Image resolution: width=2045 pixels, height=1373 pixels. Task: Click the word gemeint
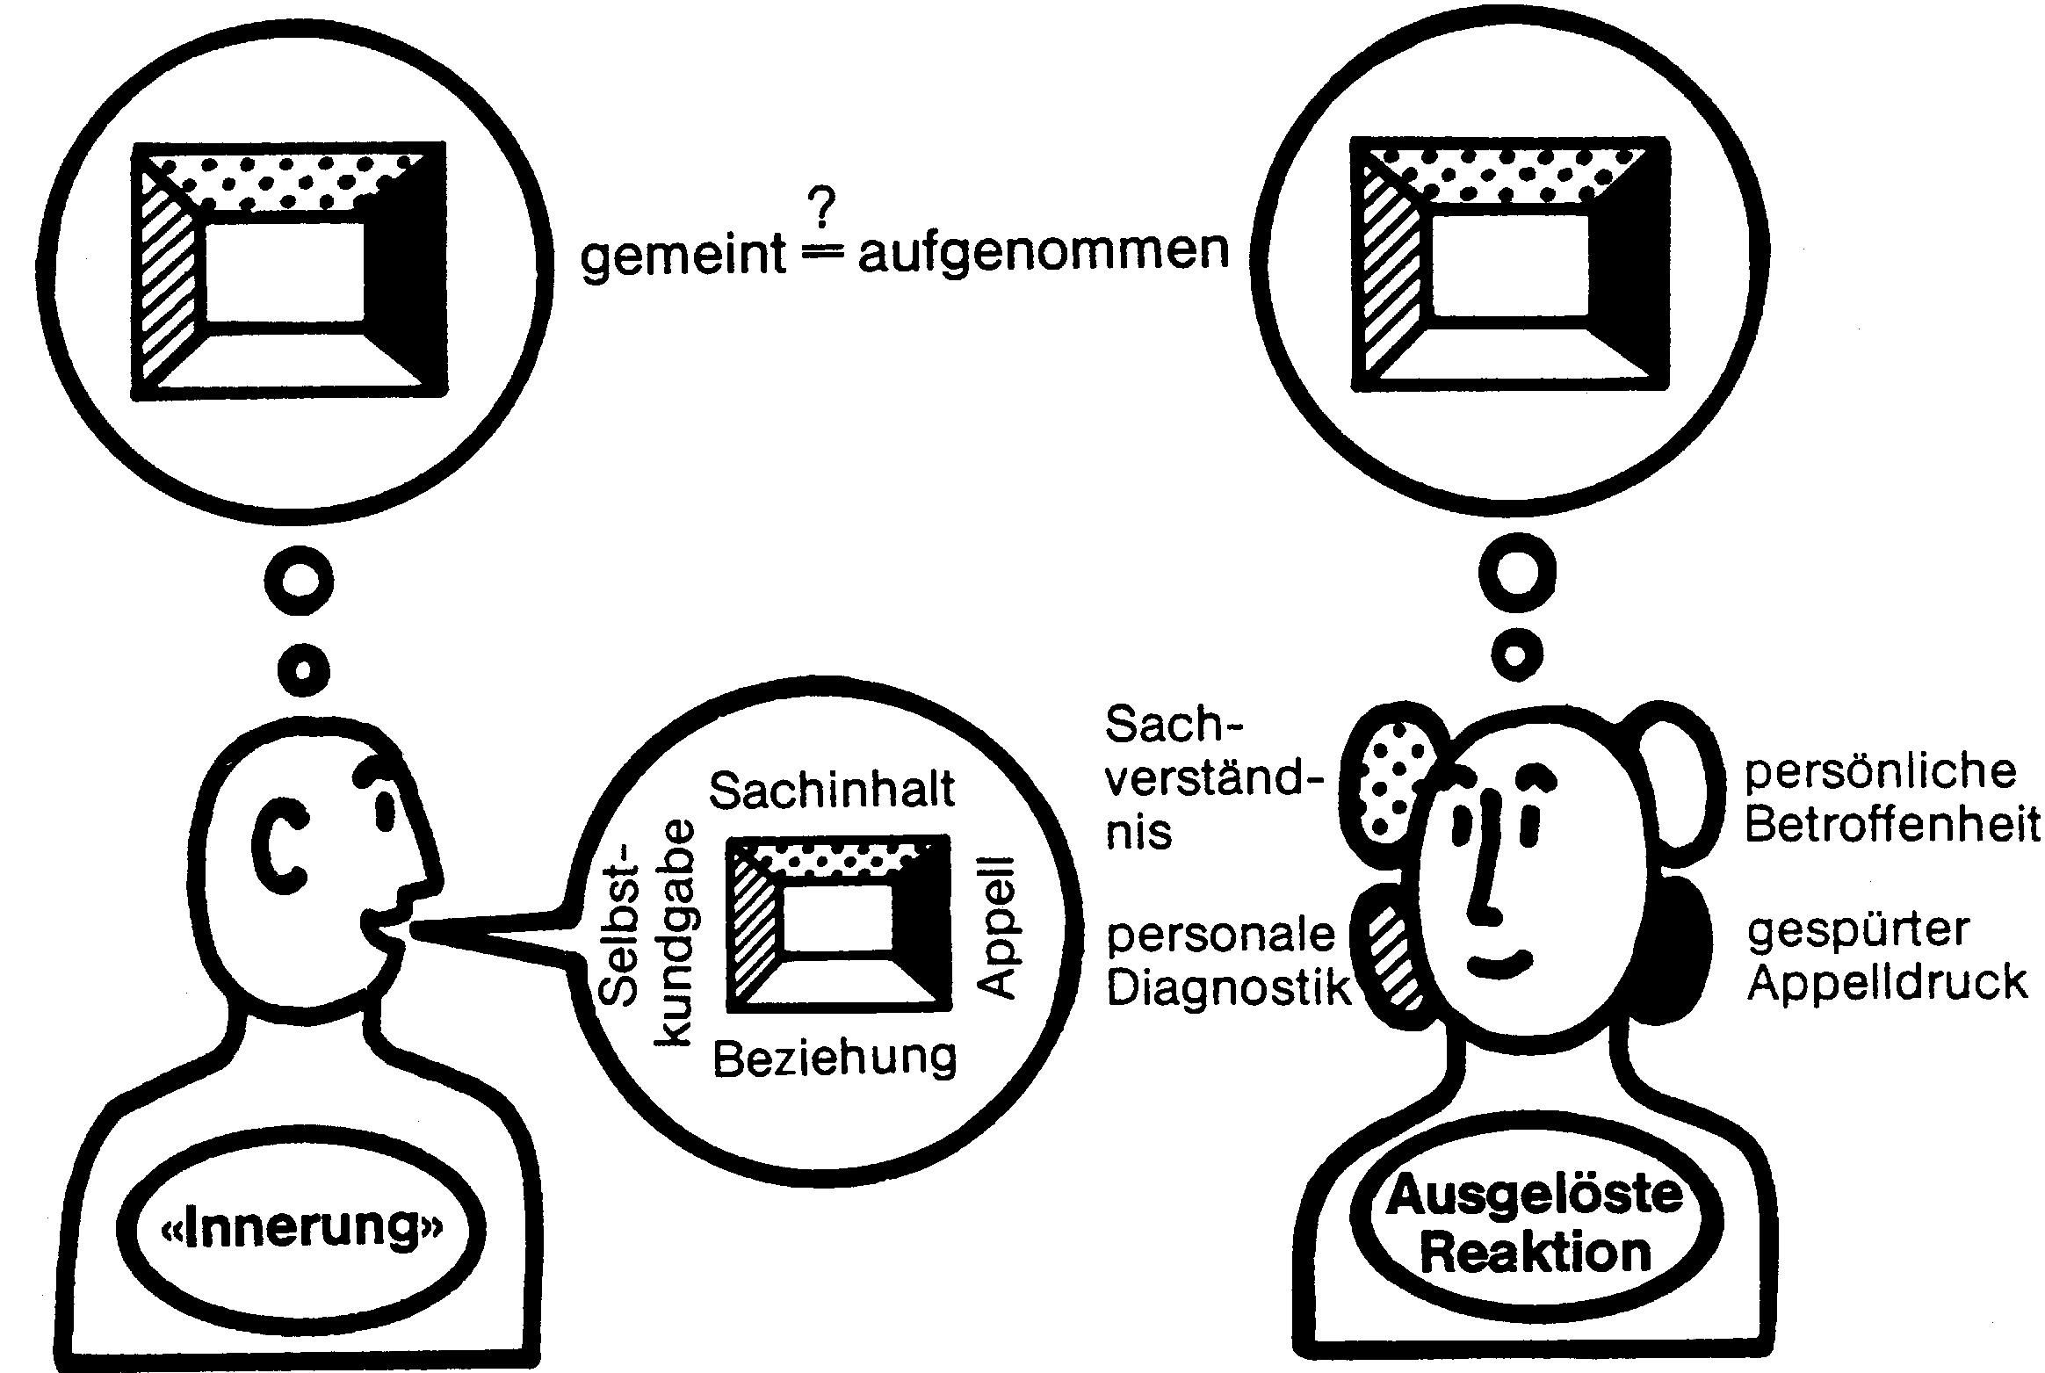pos(683,255)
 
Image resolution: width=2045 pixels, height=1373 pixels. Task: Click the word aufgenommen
pos(1043,251)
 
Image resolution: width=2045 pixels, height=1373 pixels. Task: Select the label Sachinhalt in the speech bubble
pos(831,790)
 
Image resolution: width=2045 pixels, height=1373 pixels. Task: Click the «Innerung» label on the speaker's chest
pos(301,1229)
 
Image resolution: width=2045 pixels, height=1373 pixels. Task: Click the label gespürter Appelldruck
pos(1886,957)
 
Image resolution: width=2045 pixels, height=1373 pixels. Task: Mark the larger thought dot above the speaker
pos(299,581)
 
